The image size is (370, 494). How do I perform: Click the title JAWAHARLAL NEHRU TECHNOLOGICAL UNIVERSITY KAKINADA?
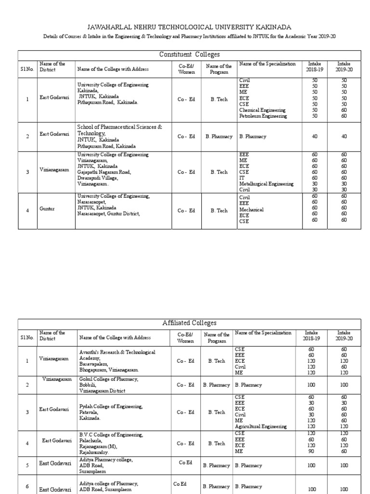pyautogui.click(x=185, y=27)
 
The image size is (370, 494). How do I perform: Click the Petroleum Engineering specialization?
pyautogui.click(x=263, y=116)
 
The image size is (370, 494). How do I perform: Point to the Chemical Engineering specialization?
pyautogui.click(x=263, y=110)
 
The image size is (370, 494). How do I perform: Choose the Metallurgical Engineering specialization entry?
pyautogui.click(x=266, y=184)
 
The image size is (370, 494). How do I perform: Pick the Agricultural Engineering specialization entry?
pyautogui.click(x=261, y=426)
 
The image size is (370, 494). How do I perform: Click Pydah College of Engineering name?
pyautogui.click(x=111, y=407)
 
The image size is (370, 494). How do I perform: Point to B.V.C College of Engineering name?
pyautogui.click(x=111, y=435)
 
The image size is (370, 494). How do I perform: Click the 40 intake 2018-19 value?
pyautogui.click(x=315, y=137)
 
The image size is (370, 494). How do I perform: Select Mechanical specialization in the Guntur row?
pyautogui.click(x=251, y=210)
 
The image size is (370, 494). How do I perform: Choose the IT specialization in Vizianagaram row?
pyautogui.click(x=242, y=178)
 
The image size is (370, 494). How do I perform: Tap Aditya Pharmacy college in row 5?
pyautogui.click(x=106, y=460)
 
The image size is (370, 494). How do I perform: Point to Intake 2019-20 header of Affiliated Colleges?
pyautogui.click(x=344, y=335)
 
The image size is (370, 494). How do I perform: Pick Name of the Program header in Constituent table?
pyautogui.click(x=219, y=69)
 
